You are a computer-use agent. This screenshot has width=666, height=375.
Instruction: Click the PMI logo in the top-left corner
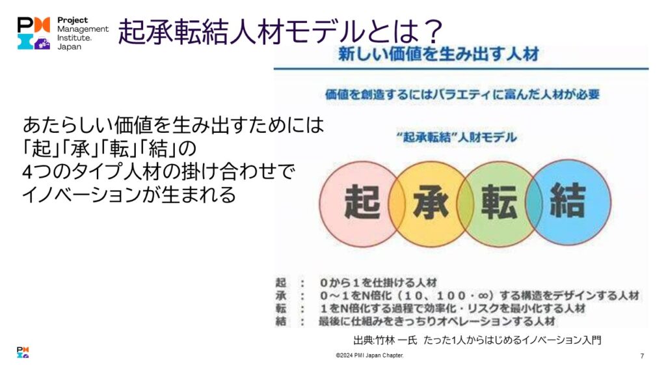pos(34,33)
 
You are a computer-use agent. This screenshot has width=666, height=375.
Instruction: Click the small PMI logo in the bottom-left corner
pos(23,352)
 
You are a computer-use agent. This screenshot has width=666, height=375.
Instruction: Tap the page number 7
pos(642,356)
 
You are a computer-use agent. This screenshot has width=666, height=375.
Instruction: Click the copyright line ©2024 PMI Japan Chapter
pos(369,355)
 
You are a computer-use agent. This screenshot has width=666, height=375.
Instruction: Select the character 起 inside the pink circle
pos(362,202)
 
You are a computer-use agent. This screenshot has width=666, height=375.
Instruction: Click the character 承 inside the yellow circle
pos(431,202)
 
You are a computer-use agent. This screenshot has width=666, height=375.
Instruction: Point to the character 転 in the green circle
pos(499,202)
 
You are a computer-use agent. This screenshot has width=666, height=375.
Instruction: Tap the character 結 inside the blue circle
pos(568,200)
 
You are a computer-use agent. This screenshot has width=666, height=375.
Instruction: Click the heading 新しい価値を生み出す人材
pos(438,54)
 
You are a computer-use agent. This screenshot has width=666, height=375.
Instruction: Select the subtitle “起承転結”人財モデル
pos(457,137)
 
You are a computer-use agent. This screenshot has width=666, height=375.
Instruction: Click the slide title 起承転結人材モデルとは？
pos(281,31)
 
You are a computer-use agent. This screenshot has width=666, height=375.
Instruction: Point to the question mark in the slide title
pos(431,31)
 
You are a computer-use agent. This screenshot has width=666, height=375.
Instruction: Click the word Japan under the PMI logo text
pos(69,47)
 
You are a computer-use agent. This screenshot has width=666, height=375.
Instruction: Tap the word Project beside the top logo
pos(73,20)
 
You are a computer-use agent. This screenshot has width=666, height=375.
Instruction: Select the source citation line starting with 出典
pos(477,340)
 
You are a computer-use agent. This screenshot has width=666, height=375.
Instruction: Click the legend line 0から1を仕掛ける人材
pos(378,283)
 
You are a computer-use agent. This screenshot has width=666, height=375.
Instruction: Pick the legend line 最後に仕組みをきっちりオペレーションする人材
pos(437,322)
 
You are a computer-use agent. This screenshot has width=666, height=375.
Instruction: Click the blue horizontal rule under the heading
pos(461,68)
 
